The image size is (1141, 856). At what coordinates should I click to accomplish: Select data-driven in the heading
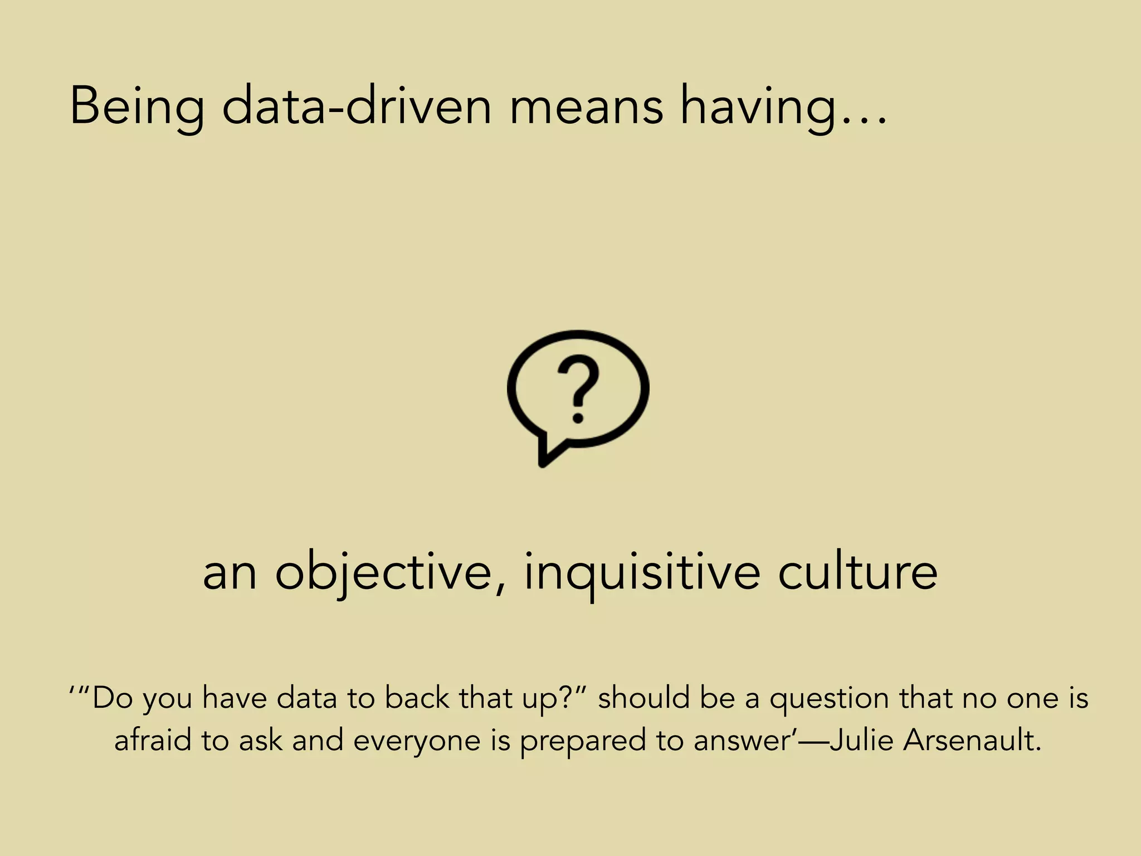(357, 106)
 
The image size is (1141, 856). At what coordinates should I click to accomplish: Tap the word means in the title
(586, 106)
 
